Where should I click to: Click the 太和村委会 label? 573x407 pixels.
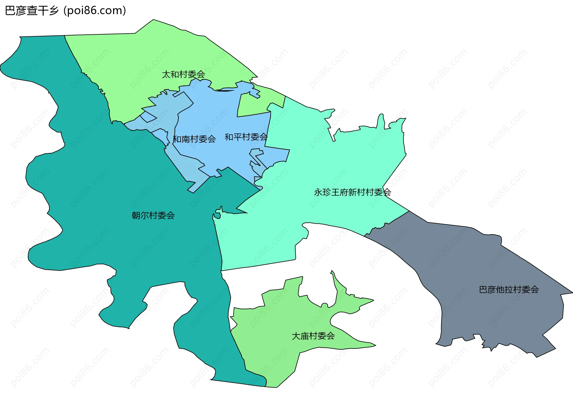(183, 74)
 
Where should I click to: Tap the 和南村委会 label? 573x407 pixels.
(194, 139)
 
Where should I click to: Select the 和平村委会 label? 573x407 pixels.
(246, 137)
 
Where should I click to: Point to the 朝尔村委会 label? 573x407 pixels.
(153, 215)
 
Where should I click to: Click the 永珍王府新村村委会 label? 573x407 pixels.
(352, 192)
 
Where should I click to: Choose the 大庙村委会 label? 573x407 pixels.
(313, 336)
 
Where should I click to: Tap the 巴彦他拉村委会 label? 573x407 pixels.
(509, 289)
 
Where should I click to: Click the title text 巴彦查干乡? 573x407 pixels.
(32, 11)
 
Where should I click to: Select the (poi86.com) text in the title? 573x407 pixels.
(95, 11)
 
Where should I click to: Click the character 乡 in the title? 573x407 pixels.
(54, 11)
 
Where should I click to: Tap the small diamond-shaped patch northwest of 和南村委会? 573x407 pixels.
(148, 117)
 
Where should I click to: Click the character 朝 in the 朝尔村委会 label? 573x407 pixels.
(136, 215)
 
